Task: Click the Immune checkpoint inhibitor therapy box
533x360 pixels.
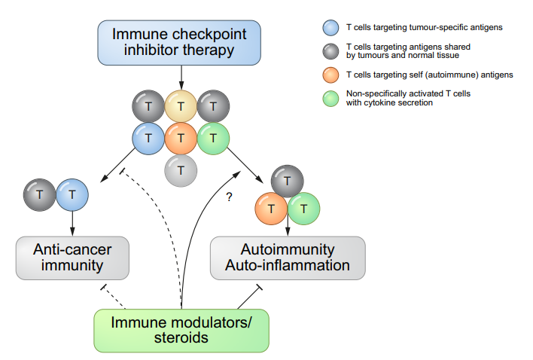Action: click(x=179, y=42)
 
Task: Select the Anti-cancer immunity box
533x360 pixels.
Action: click(x=72, y=258)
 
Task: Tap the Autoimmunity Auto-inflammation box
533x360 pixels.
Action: click(x=288, y=258)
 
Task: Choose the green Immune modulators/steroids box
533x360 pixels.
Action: click(x=181, y=331)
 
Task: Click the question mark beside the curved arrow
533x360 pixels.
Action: click(x=230, y=197)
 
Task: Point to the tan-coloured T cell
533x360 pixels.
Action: click(x=181, y=106)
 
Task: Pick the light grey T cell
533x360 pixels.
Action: click(x=181, y=171)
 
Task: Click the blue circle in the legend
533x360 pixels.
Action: click(x=330, y=28)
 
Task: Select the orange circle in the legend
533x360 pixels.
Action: click(x=330, y=75)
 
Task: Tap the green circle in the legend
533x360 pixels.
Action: click(x=330, y=99)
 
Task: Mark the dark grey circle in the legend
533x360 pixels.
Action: click(x=330, y=51)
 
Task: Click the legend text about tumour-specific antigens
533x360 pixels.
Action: click(x=425, y=28)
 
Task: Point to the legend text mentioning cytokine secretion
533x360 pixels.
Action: click(x=408, y=98)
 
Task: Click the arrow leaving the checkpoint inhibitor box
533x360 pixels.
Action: click(x=181, y=78)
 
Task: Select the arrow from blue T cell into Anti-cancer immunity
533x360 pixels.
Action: click(x=72, y=224)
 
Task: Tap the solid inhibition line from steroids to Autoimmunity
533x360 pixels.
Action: click(x=249, y=297)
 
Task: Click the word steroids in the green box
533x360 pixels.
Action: click(x=181, y=338)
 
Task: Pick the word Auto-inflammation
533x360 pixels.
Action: click(x=288, y=266)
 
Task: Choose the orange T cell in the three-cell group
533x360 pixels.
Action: click(x=271, y=209)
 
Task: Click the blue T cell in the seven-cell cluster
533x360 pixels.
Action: click(x=148, y=139)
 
